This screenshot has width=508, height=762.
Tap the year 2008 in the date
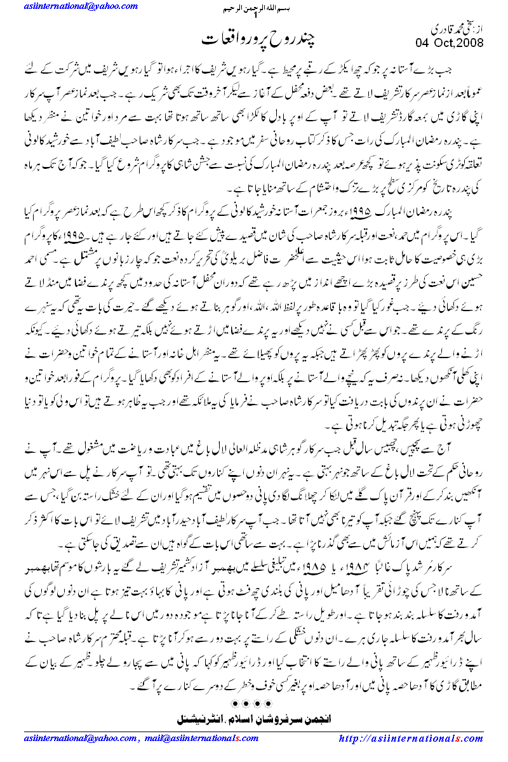click(470, 43)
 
